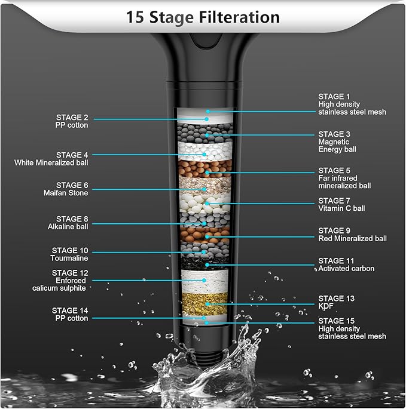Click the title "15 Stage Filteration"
click(203, 17)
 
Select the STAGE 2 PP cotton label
click(72, 121)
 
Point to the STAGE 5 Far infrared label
click(344, 178)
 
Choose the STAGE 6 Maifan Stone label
click(68, 189)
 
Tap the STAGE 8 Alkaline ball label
click(68, 223)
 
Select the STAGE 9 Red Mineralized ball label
click(352, 235)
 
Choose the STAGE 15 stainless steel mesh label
click(352, 328)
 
